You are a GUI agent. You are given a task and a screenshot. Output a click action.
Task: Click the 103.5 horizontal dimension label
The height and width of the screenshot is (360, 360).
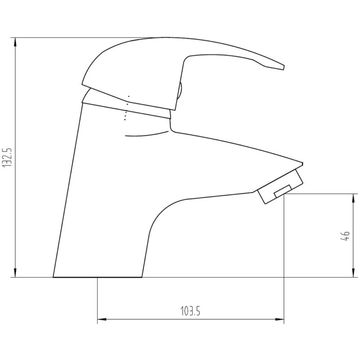pos(190,311)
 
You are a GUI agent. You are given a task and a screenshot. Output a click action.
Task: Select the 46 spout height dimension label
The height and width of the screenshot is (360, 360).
pos(345,236)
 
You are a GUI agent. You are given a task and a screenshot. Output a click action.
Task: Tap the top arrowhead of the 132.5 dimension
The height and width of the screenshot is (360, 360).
pos(15,43)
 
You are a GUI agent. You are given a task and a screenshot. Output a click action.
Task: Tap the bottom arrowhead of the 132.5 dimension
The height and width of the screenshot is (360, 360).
pos(15,272)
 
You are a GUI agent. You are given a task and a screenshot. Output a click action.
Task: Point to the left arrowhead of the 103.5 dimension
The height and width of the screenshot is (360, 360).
pos(103,319)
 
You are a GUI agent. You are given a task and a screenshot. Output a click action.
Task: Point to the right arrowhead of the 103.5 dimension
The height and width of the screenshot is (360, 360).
pos(279,319)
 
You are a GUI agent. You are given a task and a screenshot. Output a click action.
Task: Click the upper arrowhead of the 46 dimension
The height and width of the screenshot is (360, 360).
pos(353,199)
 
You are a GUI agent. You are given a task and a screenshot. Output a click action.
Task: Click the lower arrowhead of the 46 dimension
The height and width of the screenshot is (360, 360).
pos(353,272)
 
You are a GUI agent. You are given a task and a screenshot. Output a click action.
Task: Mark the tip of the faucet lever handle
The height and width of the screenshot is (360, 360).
pos(284,67)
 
